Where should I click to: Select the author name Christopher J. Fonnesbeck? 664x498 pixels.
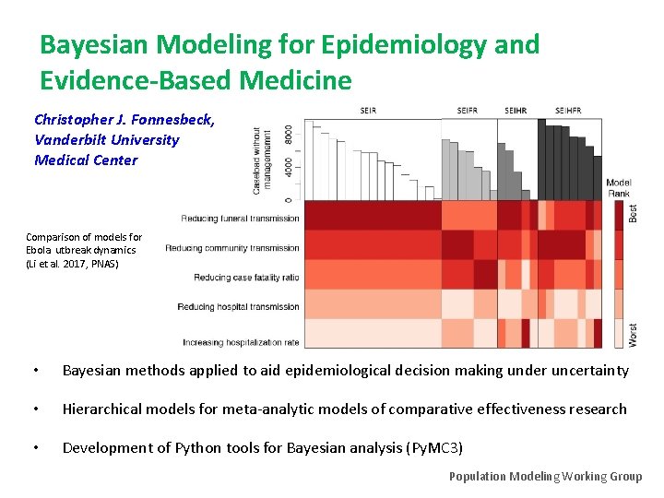point(125,120)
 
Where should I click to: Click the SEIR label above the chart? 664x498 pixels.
point(367,112)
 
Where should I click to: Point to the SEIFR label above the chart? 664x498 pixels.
point(468,112)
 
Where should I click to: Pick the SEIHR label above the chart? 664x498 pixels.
point(516,112)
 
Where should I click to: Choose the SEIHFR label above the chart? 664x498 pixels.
point(568,112)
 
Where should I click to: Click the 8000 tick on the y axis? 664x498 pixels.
point(289,134)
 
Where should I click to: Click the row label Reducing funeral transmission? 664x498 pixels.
point(240,219)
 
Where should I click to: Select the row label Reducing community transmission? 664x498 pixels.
point(232,248)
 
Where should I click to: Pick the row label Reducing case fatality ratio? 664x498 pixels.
point(246,278)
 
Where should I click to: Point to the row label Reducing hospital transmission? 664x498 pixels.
point(238,307)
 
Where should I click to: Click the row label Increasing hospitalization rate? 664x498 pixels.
point(241,342)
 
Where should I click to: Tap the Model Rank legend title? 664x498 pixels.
point(619,188)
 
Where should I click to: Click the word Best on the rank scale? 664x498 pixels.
point(633,212)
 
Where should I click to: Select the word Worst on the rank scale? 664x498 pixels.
point(633,335)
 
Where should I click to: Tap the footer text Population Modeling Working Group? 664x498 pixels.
point(545,476)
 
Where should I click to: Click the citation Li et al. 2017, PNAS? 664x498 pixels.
point(72,264)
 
